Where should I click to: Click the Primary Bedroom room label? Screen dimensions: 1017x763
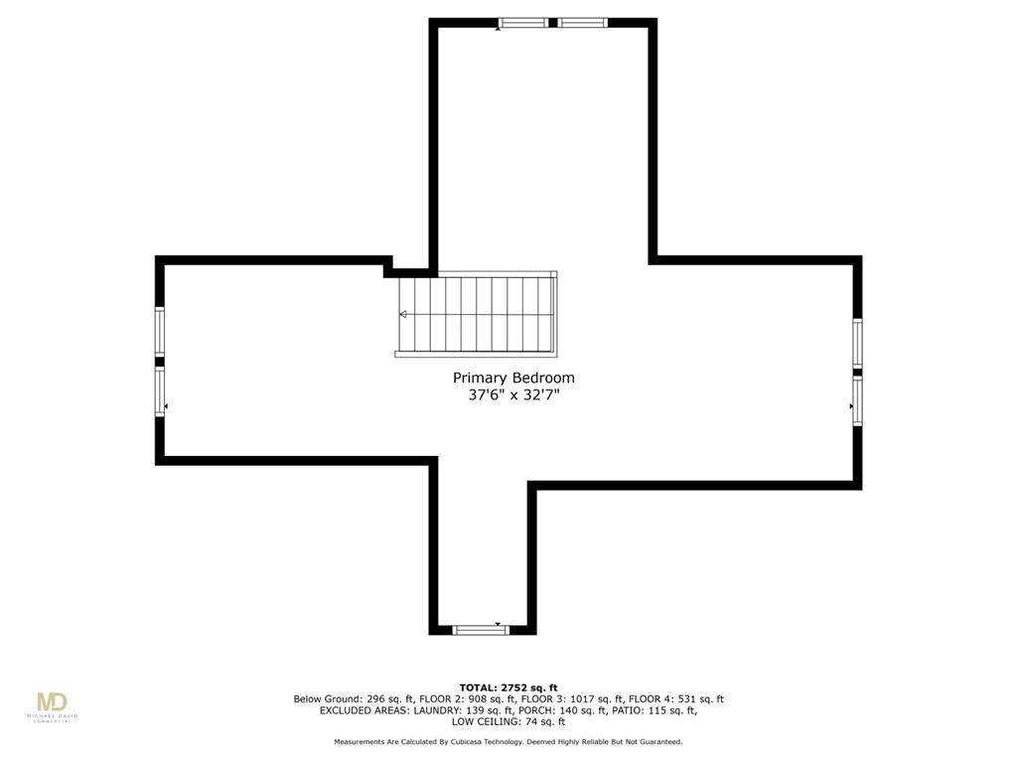513,379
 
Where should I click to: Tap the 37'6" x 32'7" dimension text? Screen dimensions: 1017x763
513,394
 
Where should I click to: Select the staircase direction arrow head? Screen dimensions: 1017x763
403,315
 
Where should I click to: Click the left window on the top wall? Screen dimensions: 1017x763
522,23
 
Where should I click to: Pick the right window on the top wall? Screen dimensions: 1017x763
582,23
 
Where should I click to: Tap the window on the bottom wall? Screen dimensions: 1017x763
481,630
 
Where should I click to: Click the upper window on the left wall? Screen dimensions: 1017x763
160,331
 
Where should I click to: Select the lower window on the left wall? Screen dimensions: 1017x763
160,391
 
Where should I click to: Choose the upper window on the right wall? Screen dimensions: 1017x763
857,343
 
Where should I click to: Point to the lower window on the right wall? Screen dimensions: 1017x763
857,401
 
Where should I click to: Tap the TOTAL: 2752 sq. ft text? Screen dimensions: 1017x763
508,687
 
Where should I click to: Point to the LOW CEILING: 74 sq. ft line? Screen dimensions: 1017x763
508,721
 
